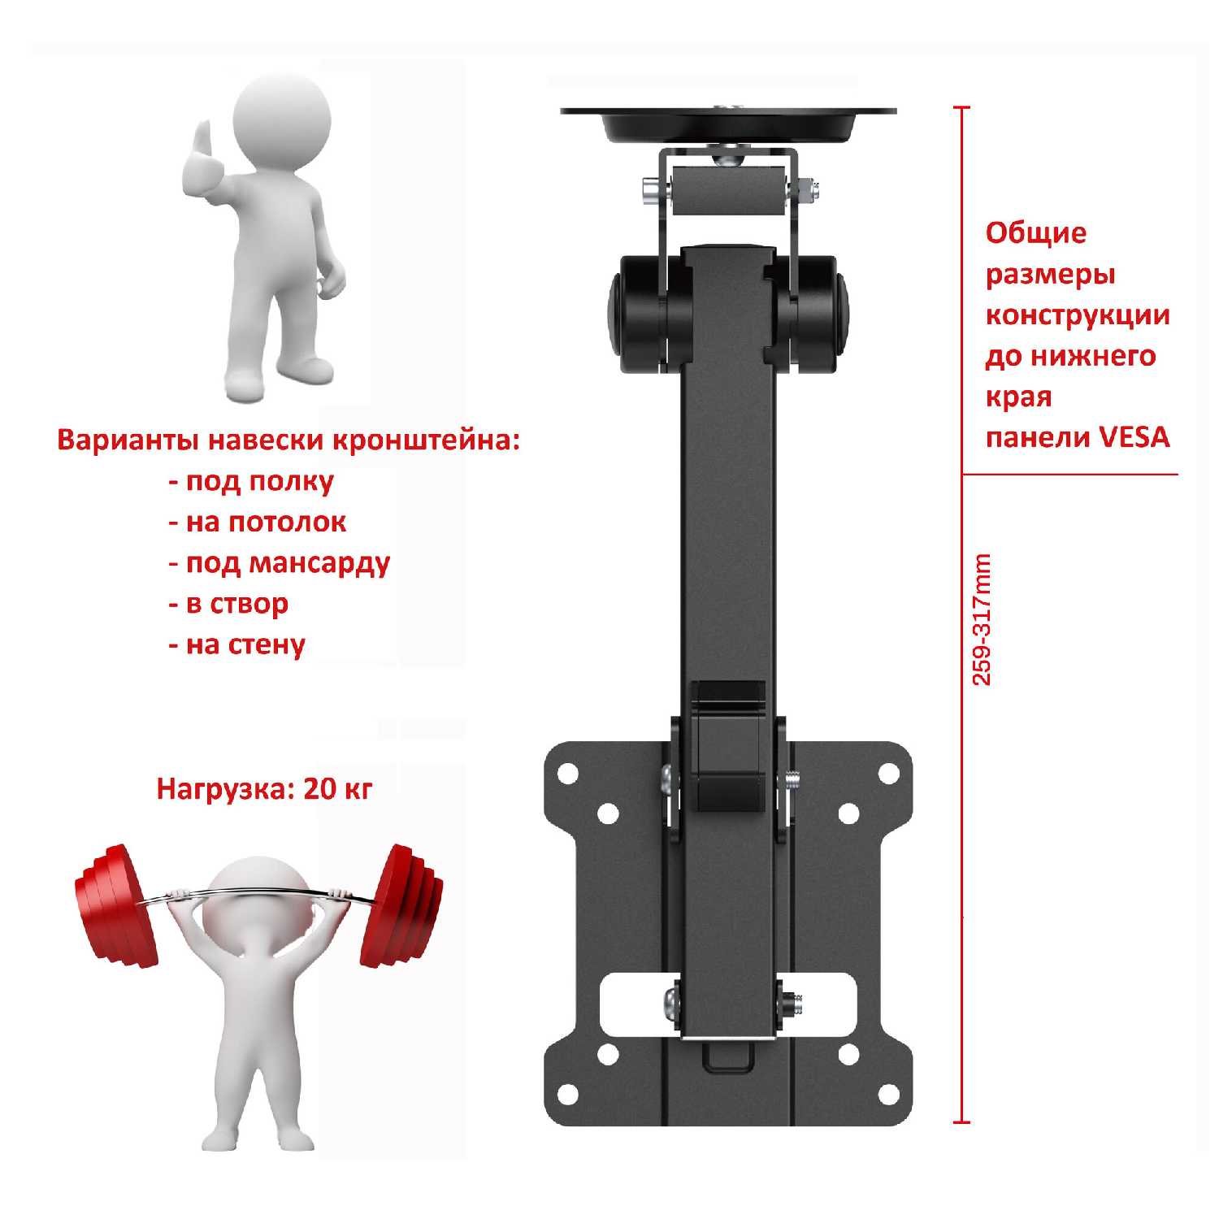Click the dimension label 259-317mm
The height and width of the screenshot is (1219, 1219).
(983, 620)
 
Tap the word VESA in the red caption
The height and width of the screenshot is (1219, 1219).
(1134, 437)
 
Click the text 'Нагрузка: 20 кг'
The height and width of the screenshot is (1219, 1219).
(264, 788)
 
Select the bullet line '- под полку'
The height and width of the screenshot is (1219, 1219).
(251, 481)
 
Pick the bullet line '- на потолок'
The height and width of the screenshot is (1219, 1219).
(258, 522)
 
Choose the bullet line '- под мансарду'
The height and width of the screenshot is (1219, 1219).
(280, 563)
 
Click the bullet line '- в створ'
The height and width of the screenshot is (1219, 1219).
(228, 604)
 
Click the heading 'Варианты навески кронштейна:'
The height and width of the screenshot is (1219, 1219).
(288, 440)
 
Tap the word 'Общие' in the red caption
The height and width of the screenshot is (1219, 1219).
(1036, 233)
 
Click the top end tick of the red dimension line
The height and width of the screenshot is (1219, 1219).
(962, 107)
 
